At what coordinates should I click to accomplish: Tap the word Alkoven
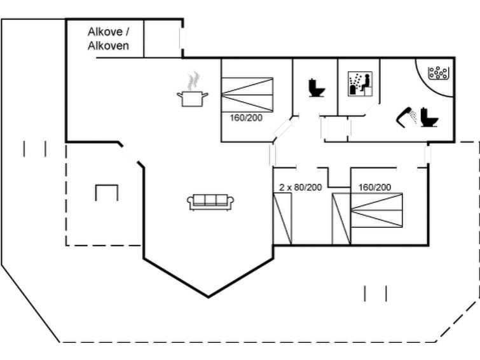(108, 46)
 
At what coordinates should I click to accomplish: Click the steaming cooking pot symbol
(193, 98)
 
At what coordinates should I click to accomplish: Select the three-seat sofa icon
(210, 202)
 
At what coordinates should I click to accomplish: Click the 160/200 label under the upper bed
(246, 118)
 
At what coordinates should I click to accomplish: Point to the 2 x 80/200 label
(300, 188)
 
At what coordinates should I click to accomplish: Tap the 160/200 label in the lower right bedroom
(375, 187)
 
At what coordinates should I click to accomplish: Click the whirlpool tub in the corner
(439, 73)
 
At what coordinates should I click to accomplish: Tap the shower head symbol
(406, 114)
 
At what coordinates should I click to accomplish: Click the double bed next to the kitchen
(247, 94)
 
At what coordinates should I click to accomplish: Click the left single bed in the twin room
(282, 218)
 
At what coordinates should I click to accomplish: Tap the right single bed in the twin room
(341, 218)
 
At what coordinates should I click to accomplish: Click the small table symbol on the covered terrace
(107, 191)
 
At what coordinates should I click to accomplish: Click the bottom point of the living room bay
(209, 296)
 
